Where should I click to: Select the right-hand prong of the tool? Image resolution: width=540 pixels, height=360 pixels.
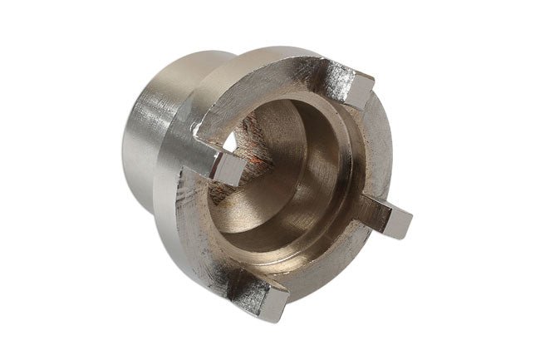(387, 218)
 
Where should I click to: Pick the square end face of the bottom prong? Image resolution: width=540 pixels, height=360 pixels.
(273, 303)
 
